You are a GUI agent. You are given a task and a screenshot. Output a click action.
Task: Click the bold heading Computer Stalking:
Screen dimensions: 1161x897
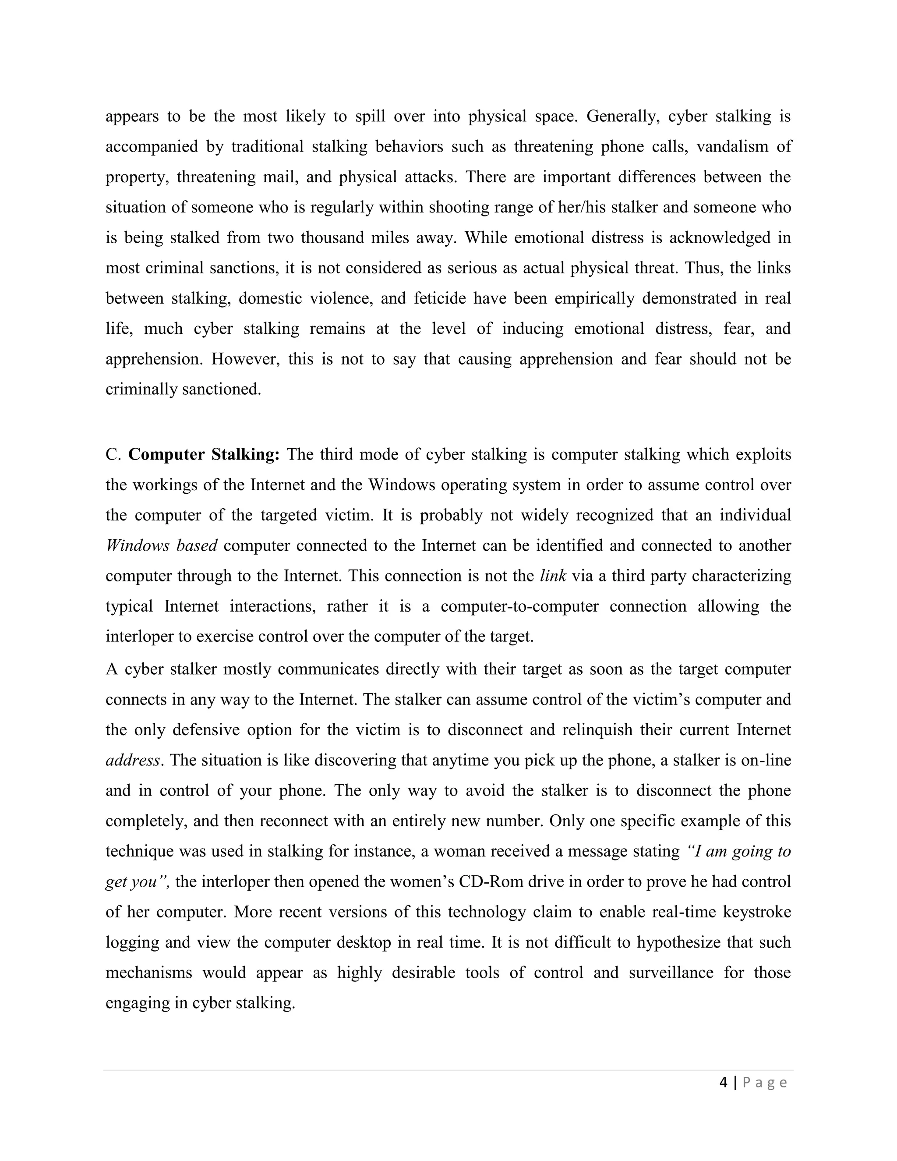click(204, 454)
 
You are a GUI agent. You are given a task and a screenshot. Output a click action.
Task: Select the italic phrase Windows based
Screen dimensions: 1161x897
click(162, 545)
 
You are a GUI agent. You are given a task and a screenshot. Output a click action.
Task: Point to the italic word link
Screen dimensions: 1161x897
click(553, 576)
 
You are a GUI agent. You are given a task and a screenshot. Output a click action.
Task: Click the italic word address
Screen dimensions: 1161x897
click(132, 760)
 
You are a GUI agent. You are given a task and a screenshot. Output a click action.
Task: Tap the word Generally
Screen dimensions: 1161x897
click(622, 116)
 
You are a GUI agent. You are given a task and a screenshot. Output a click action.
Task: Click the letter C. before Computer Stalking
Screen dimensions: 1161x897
click(113, 454)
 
